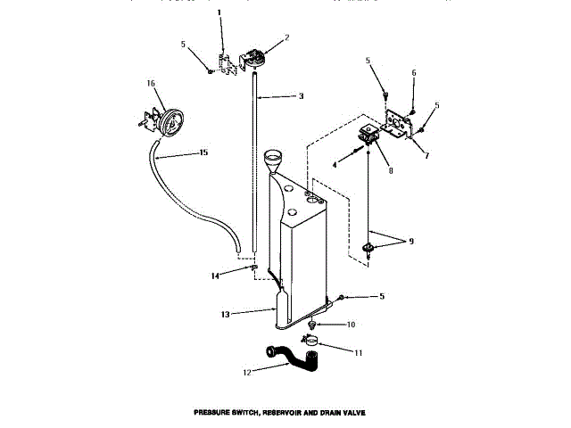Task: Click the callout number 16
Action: click(151, 83)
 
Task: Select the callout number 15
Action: click(203, 153)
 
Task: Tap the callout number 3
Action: click(301, 96)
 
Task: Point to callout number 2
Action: click(287, 37)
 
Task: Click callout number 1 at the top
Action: click(219, 12)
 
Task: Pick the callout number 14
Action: click(214, 276)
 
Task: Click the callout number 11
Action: click(358, 354)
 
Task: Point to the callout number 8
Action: click(391, 169)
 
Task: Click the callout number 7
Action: click(426, 156)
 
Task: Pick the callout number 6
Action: click(413, 73)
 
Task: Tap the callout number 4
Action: click(335, 165)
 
